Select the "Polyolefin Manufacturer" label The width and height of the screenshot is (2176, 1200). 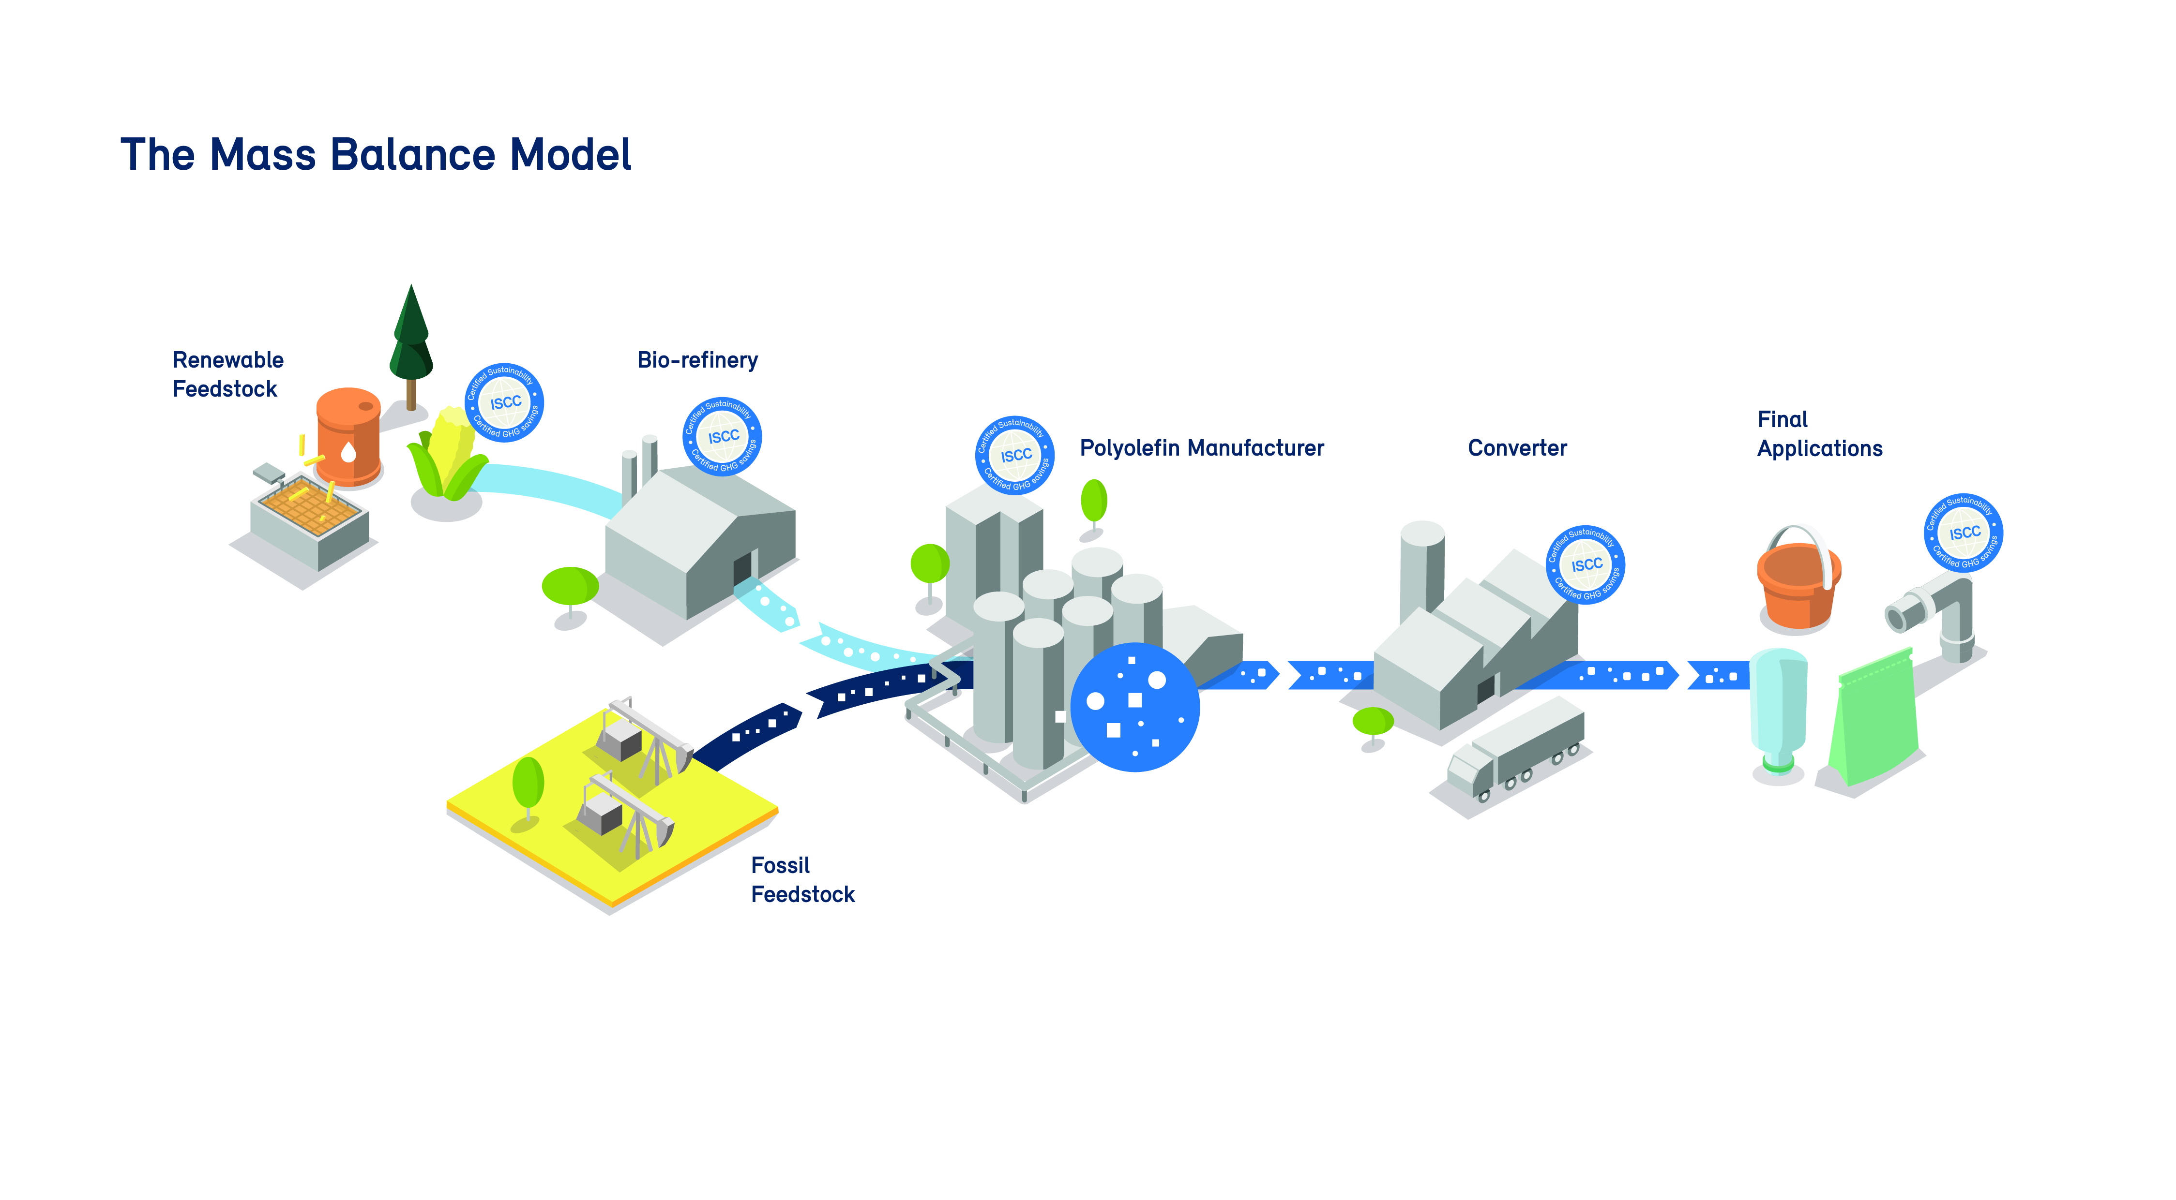pos(1201,448)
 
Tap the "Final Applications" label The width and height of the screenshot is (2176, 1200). pos(1819,434)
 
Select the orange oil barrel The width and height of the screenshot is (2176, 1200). pos(348,437)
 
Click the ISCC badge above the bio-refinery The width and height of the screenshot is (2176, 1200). pos(722,437)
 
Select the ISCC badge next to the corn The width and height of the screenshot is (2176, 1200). pos(504,403)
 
